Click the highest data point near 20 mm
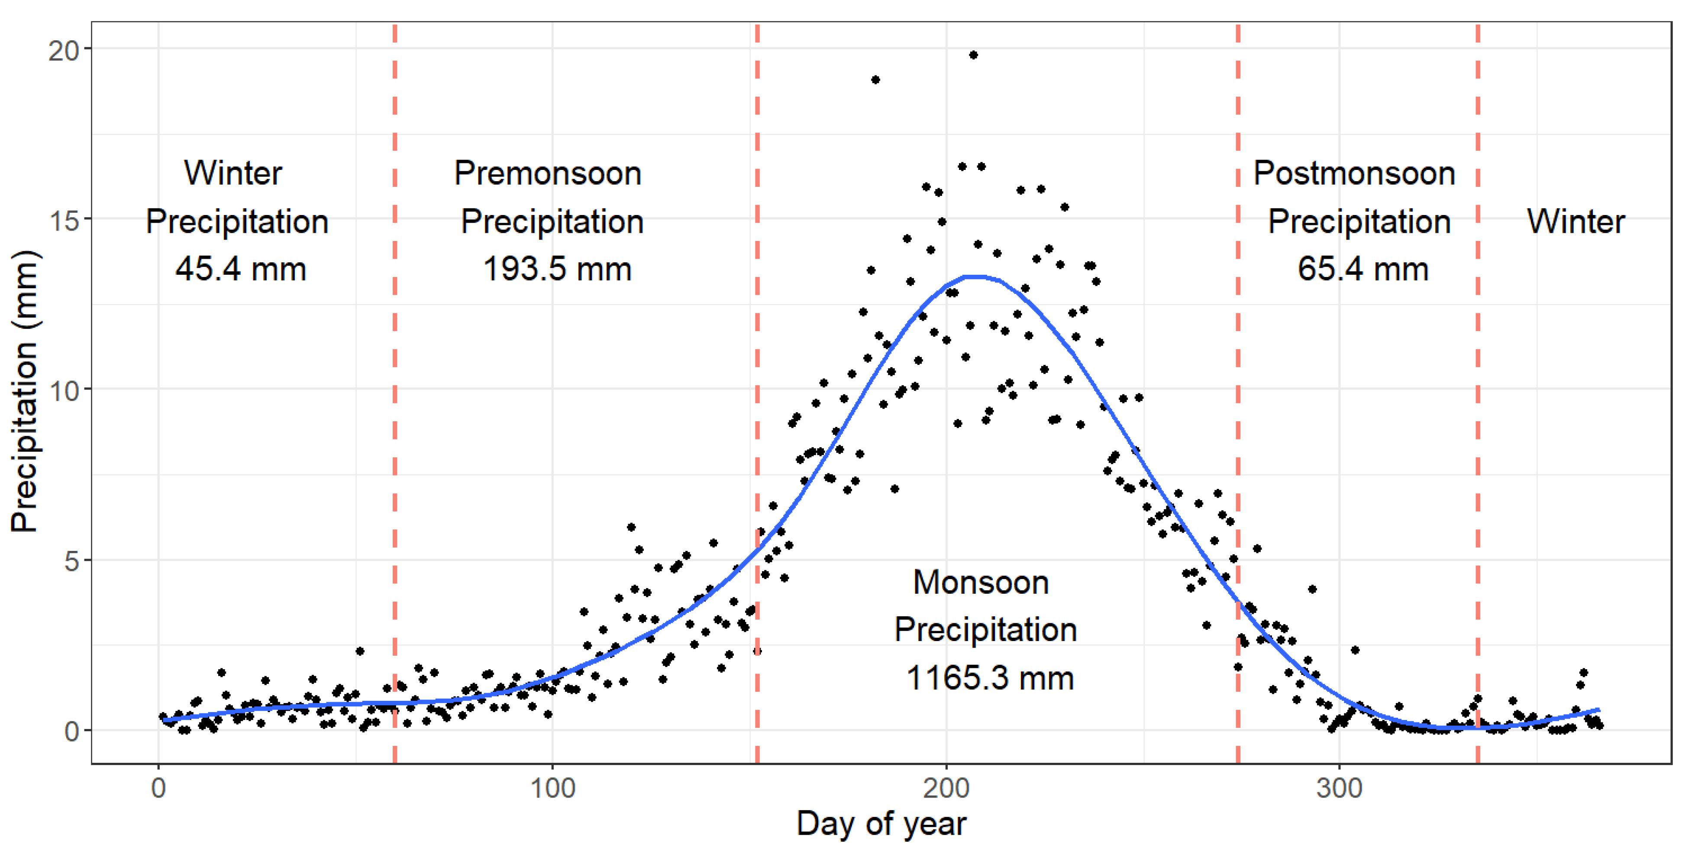[973, 55]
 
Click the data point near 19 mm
[875, 80]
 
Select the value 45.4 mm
[240, 269]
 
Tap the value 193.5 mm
[557, 269]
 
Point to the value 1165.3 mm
[989, 678]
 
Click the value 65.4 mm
[1363, 269]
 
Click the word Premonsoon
[548, 173]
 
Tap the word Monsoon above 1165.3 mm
[981, 582]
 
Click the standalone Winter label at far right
[1575, 221]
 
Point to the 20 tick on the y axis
[63, 50]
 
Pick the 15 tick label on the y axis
[63, 220]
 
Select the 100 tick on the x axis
[552, 788]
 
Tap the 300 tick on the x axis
[1339, 788]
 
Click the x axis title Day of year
[881, 823]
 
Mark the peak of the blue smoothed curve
[976, 277]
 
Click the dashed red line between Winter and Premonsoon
[395, 392]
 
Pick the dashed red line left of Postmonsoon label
[1237, 392]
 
